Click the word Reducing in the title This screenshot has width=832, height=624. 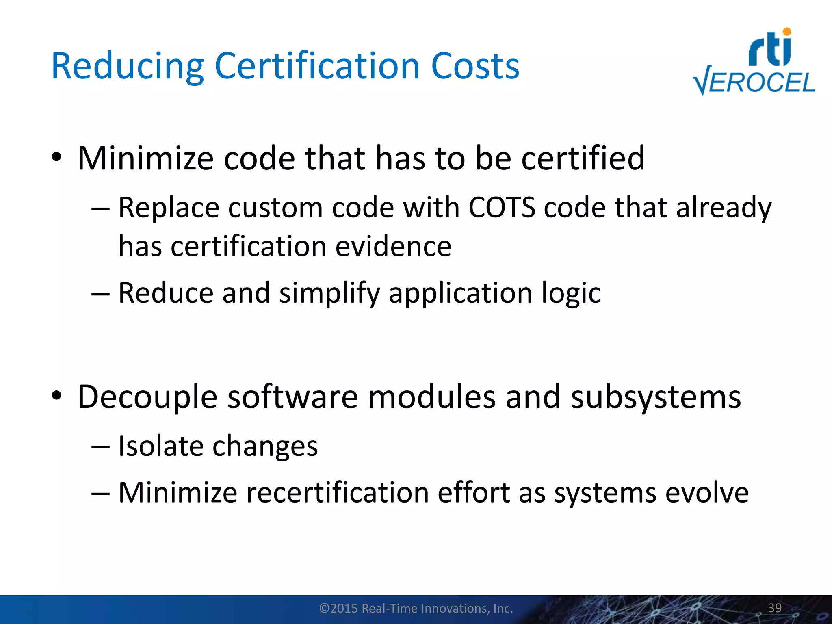[x=127, y=67]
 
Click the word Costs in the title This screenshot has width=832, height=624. [x=475, y=66]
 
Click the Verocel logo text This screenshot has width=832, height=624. [x=755, y=83]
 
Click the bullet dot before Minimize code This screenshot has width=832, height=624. [x=56, y=157]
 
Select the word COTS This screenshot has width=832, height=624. [x=502, y=208]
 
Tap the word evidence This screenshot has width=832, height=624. [x=393, y=247]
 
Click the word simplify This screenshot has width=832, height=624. [x=329, y=293]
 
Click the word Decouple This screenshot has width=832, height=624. [x=147, y=397]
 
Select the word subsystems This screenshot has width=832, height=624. [x=656, y=397]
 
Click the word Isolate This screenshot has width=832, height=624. [x=160, y=446]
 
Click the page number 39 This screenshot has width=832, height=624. [x=775, y=608]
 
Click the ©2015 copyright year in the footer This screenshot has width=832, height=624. [x=339, y=608]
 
